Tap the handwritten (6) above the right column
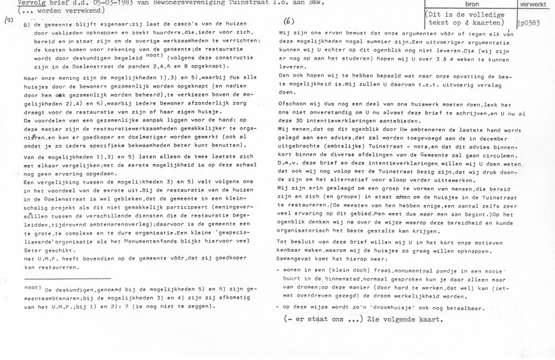(289, 22)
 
